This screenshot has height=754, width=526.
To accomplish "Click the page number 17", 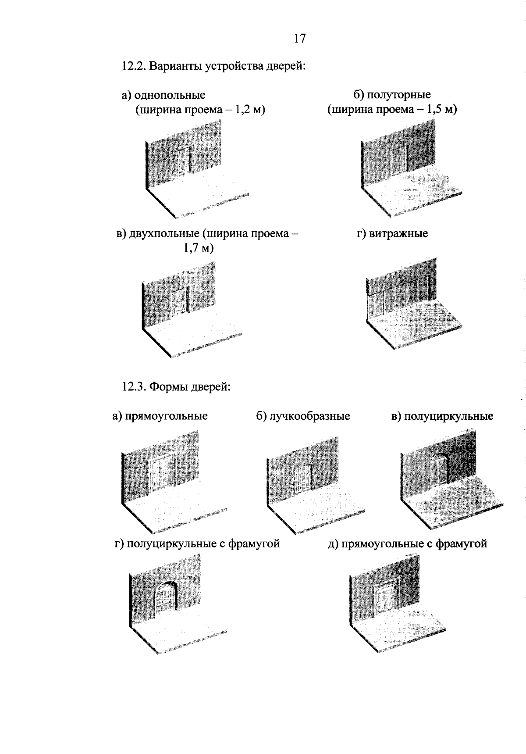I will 299,39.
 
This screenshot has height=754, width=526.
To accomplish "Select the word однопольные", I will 170,95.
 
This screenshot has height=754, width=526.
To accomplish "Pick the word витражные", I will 398,233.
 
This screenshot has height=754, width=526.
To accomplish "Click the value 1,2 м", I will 248,110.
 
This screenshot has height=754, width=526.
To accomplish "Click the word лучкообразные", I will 309,416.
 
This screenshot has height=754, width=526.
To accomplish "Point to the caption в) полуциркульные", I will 442,416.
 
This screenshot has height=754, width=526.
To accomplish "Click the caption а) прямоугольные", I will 160,416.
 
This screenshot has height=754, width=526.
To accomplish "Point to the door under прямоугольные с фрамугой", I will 384,598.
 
